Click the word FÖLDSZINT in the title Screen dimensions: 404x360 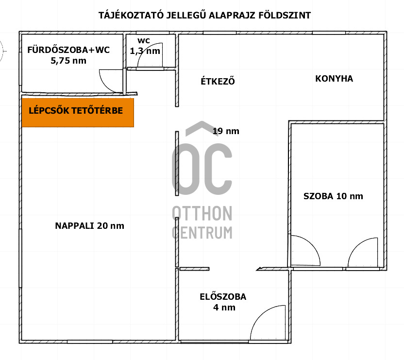(x=285, y=15)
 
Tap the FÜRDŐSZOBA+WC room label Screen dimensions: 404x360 (x=68, y=50)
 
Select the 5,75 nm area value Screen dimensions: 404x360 (x=68, y=61)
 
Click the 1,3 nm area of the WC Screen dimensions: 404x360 (x=145, y=51)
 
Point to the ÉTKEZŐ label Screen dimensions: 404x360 (x=218, y=81)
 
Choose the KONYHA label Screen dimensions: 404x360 (x=334, y=78)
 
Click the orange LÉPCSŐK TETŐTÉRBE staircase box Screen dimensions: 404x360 (x=78, y=113)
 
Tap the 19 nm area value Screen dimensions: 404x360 (x=226, y=131)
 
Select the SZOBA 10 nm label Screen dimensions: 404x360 (x=333, y=196)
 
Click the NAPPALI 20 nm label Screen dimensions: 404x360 (x=89, y=226)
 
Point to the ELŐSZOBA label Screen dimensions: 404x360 (x=223, y=296)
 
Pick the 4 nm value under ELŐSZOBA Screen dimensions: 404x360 (x=224, y=308)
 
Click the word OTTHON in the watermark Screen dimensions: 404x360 (x=202, y=214)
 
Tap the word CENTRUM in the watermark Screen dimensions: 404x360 (x=202, y=233)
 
